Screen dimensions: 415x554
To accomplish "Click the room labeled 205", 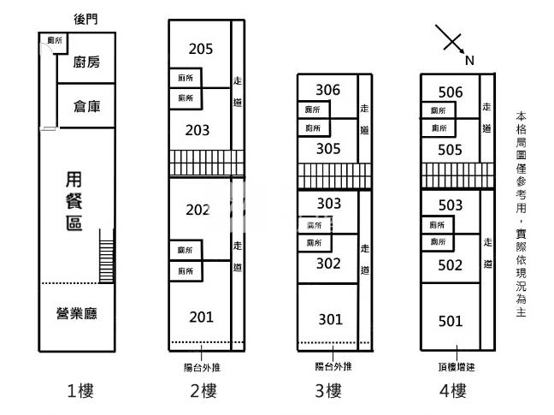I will (201, 49).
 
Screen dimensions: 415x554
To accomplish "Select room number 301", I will (330, 320).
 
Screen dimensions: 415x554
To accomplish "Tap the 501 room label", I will (450, 322).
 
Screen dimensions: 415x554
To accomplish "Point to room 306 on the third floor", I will (327, 90).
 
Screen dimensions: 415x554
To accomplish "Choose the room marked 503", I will (450, 205).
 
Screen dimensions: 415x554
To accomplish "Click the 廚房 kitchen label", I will (86, 62).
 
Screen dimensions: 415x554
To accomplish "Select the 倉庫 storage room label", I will (86, 107).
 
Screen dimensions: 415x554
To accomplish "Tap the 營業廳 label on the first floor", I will (76, 313).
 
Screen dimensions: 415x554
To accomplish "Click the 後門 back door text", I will (85, 19).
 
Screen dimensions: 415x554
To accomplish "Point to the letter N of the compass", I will (469, 61).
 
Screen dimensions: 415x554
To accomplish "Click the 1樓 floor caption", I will (80, 391).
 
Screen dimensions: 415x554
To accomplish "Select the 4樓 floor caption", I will (452, 391).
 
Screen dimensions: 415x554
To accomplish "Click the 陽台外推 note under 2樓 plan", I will (202, 367).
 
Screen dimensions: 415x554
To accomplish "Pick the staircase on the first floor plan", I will (107, 256).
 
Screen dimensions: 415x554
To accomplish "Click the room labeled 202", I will (197, 210).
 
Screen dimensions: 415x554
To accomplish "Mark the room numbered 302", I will (328, 264).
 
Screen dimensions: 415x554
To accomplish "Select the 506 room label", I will (450, 92).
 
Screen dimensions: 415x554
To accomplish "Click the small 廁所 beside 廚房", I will (55, 40).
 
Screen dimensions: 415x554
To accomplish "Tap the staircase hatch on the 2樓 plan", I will (207, 163).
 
